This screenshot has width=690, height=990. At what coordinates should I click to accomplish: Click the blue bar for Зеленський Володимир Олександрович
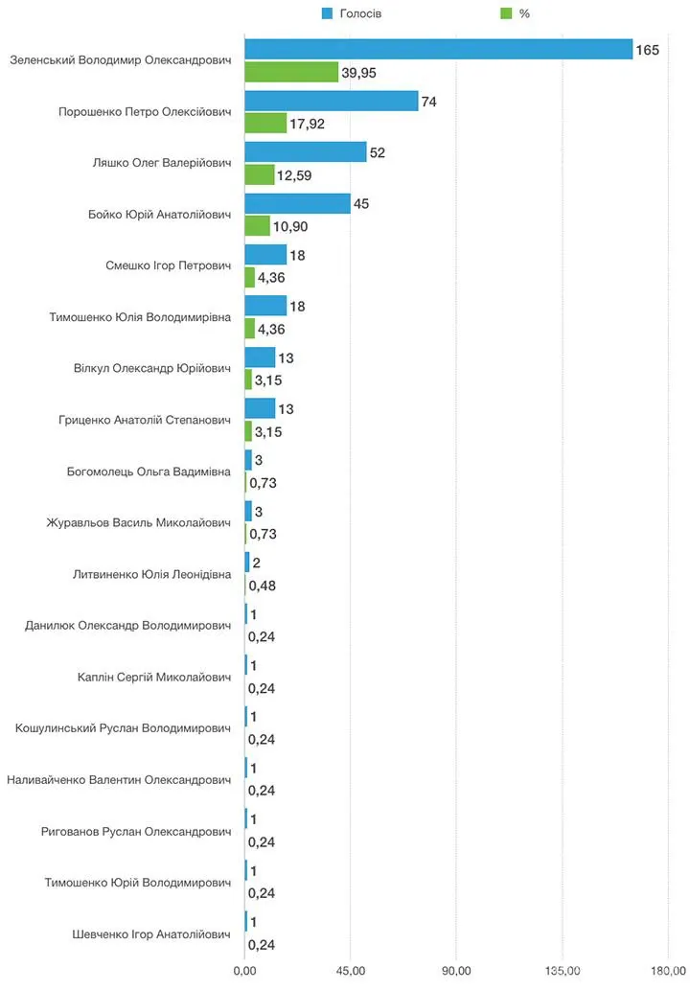[439, 49]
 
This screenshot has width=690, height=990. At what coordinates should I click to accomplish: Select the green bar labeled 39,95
[291, 72]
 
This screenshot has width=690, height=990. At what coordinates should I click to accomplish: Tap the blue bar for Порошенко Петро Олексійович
[332, 101]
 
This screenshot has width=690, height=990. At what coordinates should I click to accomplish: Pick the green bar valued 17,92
[265, 123]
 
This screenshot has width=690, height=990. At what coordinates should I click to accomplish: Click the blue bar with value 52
[306, 152]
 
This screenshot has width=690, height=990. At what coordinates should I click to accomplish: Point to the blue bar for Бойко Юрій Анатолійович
[297, 203]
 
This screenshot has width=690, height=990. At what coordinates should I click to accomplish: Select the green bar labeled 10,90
[258, 226]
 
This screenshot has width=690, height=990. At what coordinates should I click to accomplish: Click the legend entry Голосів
[352, 13]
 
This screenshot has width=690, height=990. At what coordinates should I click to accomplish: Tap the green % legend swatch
[506, 13]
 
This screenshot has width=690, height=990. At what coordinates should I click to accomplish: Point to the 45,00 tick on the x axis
[351, 971]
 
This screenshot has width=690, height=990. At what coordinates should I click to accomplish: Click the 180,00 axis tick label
[668, 971]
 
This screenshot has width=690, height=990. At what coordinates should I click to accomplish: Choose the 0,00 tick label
[245, 971]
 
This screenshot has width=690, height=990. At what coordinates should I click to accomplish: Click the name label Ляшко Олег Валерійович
[162, 163]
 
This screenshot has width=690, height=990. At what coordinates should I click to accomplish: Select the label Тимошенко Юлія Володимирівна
[140, 317]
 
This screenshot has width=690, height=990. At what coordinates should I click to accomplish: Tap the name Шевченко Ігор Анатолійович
[151, 934]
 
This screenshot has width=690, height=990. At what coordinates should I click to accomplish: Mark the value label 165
[647, 50]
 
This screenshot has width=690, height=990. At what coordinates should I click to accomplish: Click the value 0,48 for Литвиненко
[262, 586]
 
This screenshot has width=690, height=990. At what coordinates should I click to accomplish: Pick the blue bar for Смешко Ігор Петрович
[265, 254]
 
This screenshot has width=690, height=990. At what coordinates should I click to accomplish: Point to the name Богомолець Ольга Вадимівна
[149, 472]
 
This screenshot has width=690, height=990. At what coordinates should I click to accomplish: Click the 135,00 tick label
[563, 971]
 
